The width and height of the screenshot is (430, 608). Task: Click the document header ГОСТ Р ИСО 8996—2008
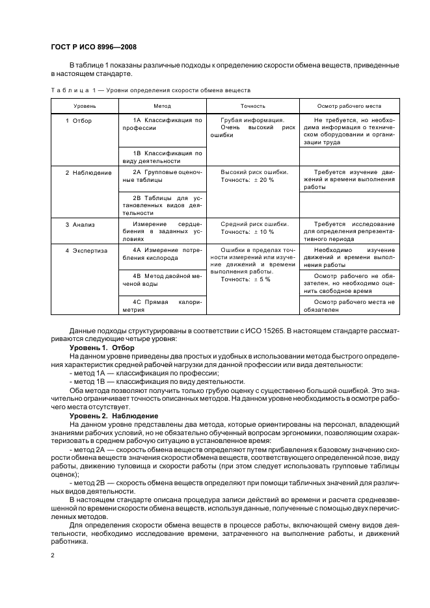(93, 47)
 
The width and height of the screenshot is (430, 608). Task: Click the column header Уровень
(85, 105)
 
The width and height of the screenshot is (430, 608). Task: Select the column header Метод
(162, 105)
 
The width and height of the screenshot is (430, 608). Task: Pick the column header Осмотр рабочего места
(349, 105)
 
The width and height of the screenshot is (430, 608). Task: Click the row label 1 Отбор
(79, 120)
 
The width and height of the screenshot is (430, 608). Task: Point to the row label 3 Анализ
(81, 224)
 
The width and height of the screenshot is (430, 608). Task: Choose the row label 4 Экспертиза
(86, 249)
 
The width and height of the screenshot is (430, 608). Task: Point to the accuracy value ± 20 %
(263, 180)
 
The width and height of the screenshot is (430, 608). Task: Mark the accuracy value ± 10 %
(263, 232)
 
